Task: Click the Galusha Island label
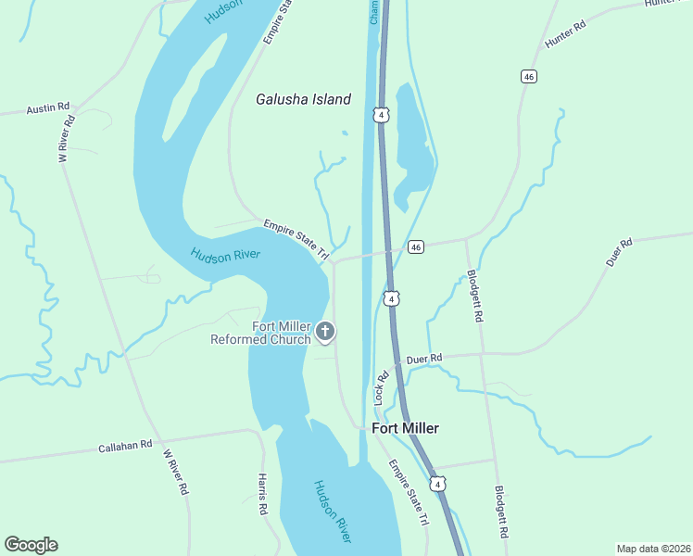point(304,99)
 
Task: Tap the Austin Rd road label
point(48,107)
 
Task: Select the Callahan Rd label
point(124,447)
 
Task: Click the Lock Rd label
point(379,388)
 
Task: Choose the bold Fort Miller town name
point(405,428)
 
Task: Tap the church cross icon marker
point(325,331)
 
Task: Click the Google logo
point(31,545)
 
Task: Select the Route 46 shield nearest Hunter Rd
point(528,76)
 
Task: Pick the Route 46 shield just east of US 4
point(415,246)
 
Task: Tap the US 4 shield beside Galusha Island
point(381,114)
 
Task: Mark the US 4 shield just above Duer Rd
point(393,298)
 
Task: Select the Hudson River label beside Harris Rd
point(333,511)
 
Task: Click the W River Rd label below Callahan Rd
point(175,472)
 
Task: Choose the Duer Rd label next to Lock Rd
point(424,358)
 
